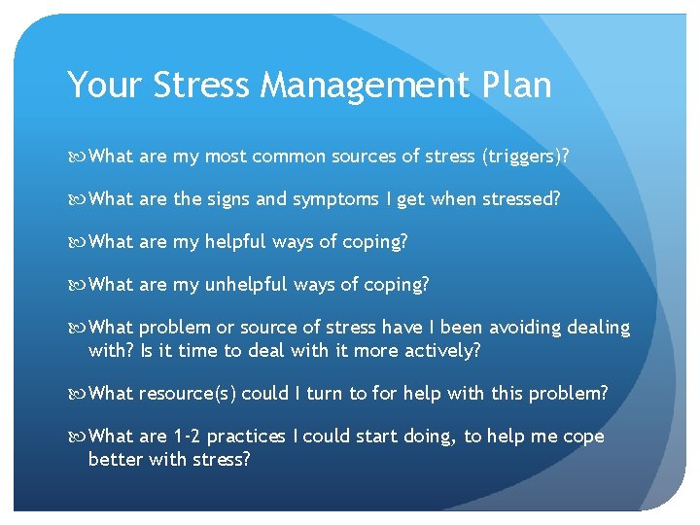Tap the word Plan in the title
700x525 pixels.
514,86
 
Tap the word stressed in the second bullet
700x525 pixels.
516,198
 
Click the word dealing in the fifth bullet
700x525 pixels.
600,328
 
